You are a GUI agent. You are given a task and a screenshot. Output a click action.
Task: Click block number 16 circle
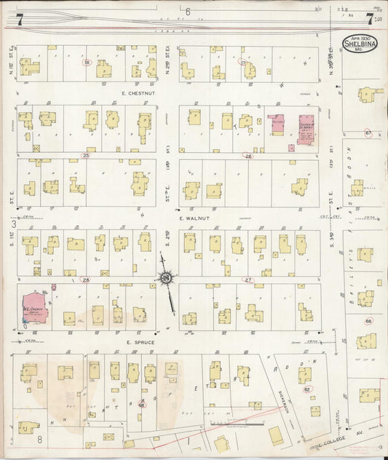pos(87,63)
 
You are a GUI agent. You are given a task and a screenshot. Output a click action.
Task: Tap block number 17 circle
pos(243,63)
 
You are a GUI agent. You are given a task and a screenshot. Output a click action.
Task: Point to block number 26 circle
pos(248,156)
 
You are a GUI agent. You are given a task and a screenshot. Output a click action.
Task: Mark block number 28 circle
pos(86,279)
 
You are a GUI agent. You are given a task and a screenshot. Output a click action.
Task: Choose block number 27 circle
pos(248,279)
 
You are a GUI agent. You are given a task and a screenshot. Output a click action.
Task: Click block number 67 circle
pos(368,133)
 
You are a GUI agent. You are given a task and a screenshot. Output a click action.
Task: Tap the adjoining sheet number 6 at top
pos(187,11)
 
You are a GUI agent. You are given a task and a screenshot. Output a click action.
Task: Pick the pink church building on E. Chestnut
pos(305,128)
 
